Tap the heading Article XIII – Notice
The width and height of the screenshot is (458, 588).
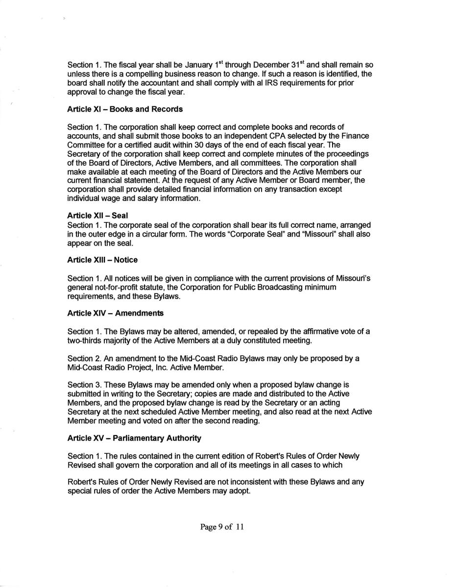pos(102,260)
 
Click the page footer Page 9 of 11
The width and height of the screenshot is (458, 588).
pos(222,527)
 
